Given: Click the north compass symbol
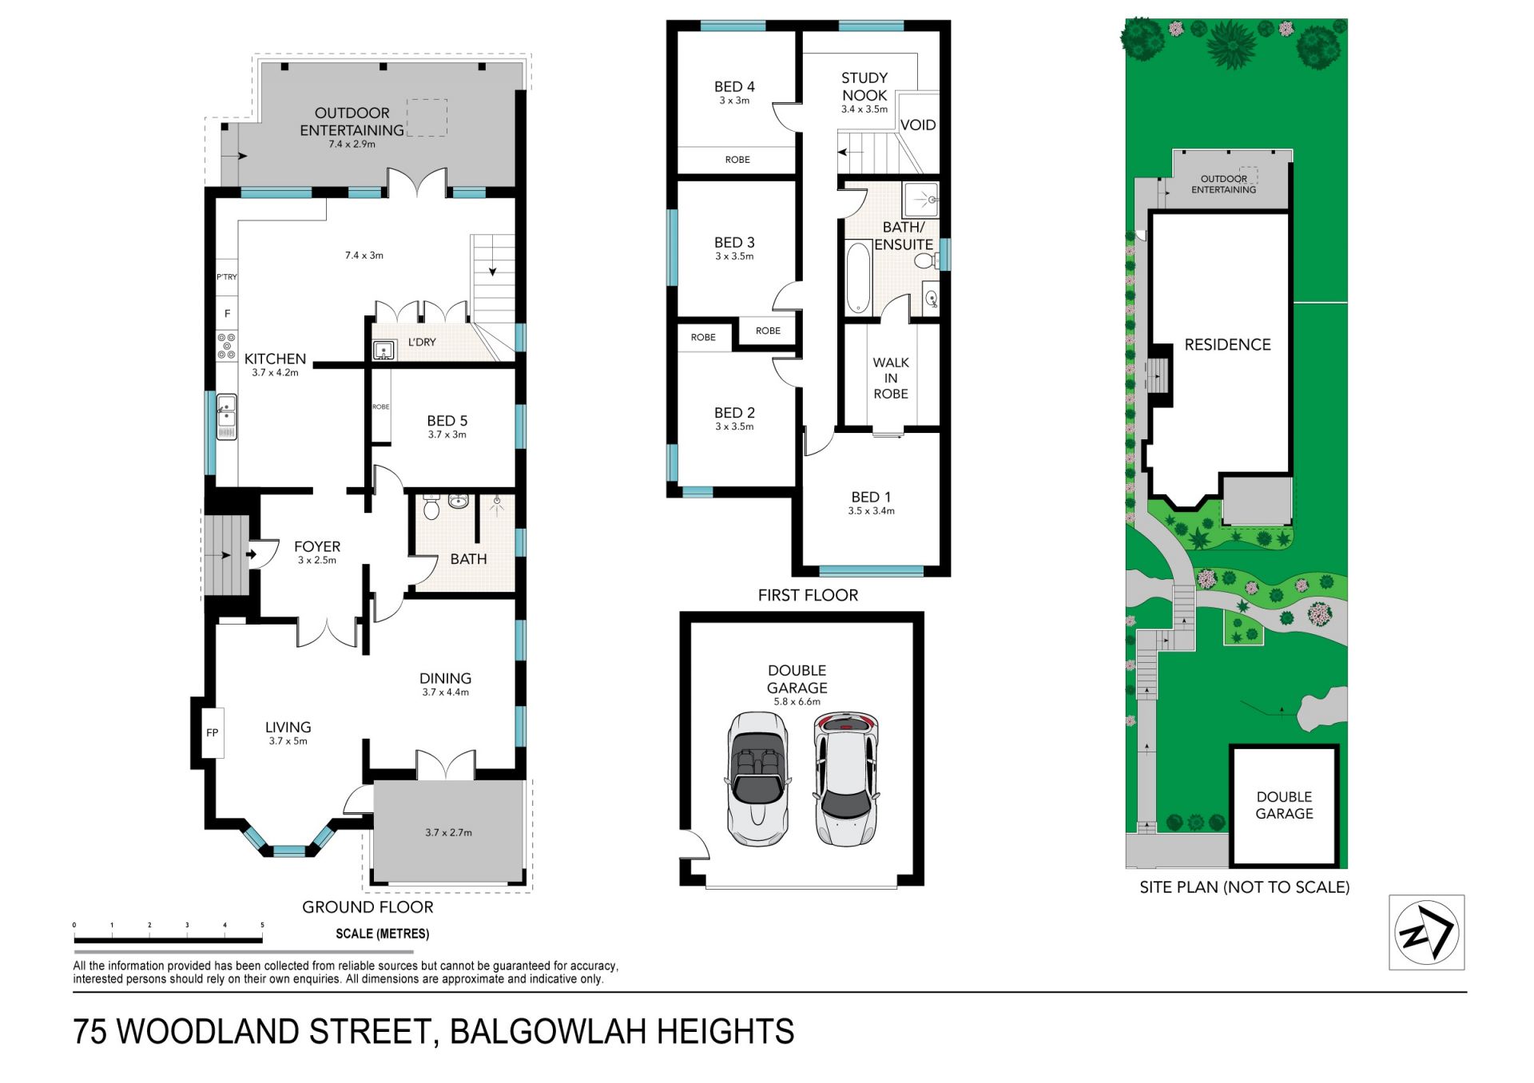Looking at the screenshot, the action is point(1426,932).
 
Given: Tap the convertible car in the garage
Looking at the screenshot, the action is point(757,779).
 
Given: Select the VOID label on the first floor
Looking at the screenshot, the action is point(918,125).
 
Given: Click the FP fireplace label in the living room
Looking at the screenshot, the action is point(213,732).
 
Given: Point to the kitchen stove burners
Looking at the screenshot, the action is point(227,346).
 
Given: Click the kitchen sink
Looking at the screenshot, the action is point(227,416).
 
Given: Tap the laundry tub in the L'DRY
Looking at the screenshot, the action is point(383,351).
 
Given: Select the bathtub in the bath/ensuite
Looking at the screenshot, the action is point(858,277).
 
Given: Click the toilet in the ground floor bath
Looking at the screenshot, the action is point(431,506).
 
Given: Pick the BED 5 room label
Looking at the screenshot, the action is point(447,421).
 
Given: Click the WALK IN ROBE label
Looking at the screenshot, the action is point(891,378).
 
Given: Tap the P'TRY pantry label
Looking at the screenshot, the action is point(227,277).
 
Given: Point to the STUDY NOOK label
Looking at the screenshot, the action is point(864,86).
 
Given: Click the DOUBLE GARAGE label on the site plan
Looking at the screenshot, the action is point(1284,805).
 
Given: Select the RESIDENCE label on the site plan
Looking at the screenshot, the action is point(1227,345).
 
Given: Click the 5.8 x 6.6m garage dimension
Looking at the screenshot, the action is point(797,702).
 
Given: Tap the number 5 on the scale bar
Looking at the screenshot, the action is point(262,925).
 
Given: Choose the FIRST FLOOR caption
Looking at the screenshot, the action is point(808,595).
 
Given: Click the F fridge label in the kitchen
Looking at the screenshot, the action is point(227,314).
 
